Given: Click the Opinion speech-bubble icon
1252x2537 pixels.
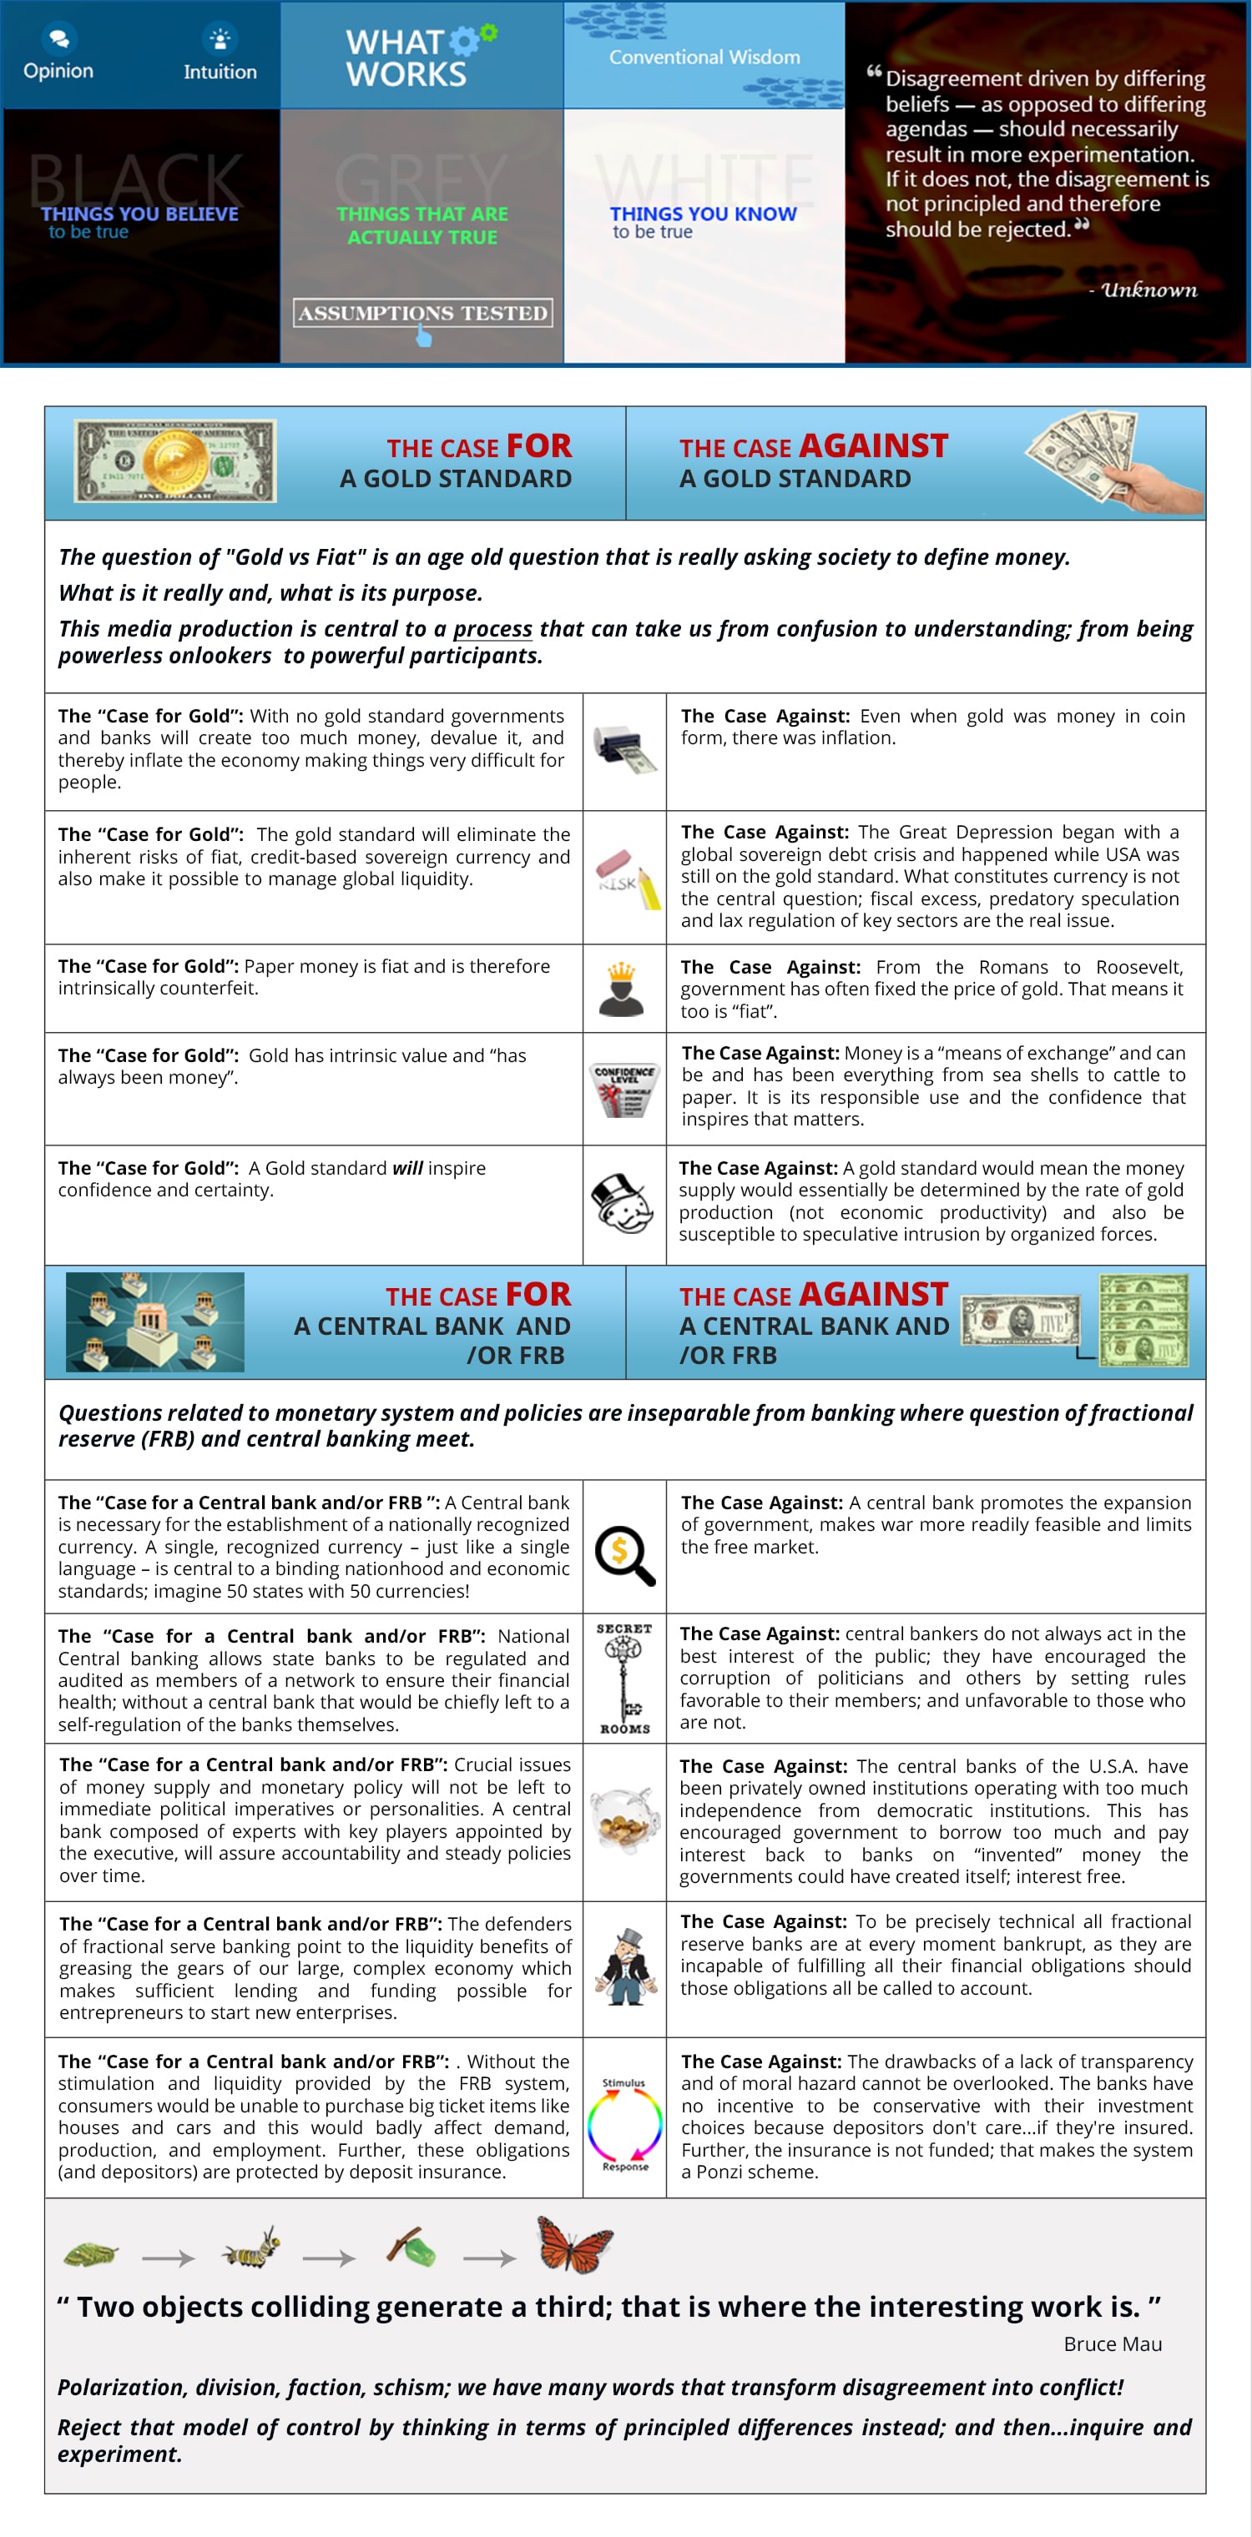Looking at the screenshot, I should (x=58, y=38).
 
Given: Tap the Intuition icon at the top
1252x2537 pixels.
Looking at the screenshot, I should (x=220, y=38).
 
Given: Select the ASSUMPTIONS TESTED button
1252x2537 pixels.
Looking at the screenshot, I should (x=422, y=313).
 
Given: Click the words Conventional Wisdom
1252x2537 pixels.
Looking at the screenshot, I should (x=704, y=57).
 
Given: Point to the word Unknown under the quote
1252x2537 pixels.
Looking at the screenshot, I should (x=1149, y=289).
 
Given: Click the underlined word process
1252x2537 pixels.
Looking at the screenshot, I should (x=492, y=628).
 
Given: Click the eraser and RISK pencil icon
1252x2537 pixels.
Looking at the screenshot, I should (x=624, y=878).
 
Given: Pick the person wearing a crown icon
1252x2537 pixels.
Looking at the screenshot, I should (x=622, y=989).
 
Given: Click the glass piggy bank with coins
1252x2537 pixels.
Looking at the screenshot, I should (x=623, y=1820).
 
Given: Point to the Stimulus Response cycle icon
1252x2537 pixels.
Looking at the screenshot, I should (x=624, y=2124).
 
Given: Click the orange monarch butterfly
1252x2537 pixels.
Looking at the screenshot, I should (x=573, y=2244).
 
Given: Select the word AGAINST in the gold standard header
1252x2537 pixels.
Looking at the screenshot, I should (x=875, y=446).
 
